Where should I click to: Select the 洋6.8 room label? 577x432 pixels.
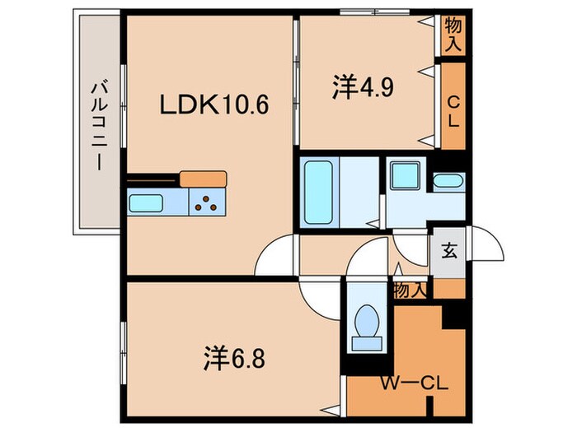(x=234, y=358)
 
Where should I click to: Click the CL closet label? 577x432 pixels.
(x=453, y=107)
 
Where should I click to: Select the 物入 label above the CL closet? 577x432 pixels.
(x=453, y=35)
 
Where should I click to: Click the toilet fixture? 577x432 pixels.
(x=365, y=323)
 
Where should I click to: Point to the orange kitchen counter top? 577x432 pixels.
(x=203, y=178)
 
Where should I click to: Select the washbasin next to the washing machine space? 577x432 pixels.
(x=448, y=182)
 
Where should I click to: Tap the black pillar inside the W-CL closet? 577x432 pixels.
(x=452, y=313)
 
